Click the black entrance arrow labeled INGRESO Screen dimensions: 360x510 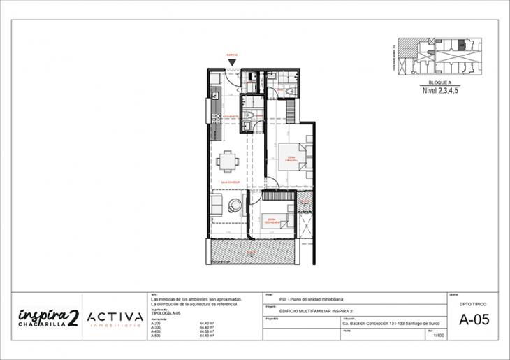pos(231,62)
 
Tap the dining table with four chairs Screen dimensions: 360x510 pos(227,161)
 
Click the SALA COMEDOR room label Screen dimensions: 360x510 pos(230,182)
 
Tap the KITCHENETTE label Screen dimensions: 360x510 pos(231,117)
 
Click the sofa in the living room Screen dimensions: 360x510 pos(217,206)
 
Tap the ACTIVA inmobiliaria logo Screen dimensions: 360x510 pos(115,318)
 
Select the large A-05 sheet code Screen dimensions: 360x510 pos(473,321)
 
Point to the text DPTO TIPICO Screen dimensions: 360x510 pos(473,305)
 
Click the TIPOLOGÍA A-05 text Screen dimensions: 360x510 pos(166,316)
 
